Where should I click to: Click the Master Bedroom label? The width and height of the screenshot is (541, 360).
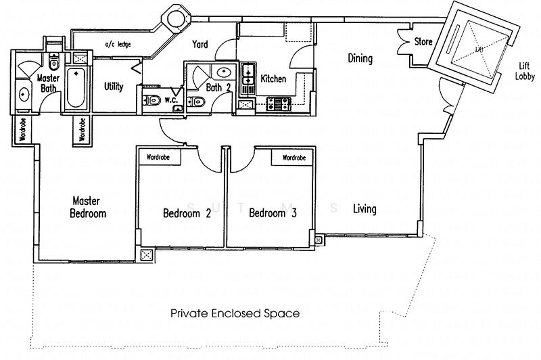click(88, 207)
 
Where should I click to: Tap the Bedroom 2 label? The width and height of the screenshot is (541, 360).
click(187, 214)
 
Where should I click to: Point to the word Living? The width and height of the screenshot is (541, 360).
click(364, 209)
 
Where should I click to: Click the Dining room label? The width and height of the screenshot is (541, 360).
click(360, 59)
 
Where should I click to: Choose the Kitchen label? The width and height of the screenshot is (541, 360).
click(274, 79)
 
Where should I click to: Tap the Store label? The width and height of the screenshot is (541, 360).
click(423, 42)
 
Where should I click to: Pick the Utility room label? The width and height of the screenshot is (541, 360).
click(114, 87)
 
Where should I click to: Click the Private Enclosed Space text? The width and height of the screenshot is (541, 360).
click(235, 314)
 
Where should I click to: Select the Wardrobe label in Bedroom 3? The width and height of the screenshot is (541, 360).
click(294, 157)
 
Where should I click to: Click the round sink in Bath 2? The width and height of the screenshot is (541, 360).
click(222, 72)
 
